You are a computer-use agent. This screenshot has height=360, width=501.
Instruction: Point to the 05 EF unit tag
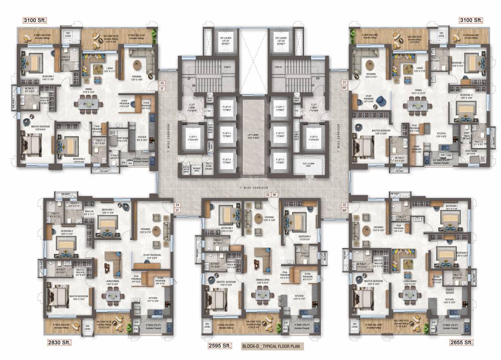162,85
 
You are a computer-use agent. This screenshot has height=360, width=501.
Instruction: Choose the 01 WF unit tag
344,85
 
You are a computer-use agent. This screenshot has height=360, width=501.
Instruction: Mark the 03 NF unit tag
271,194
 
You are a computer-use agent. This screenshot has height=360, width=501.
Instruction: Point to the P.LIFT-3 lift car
281,161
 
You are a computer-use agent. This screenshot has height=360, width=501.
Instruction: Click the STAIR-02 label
278,67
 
